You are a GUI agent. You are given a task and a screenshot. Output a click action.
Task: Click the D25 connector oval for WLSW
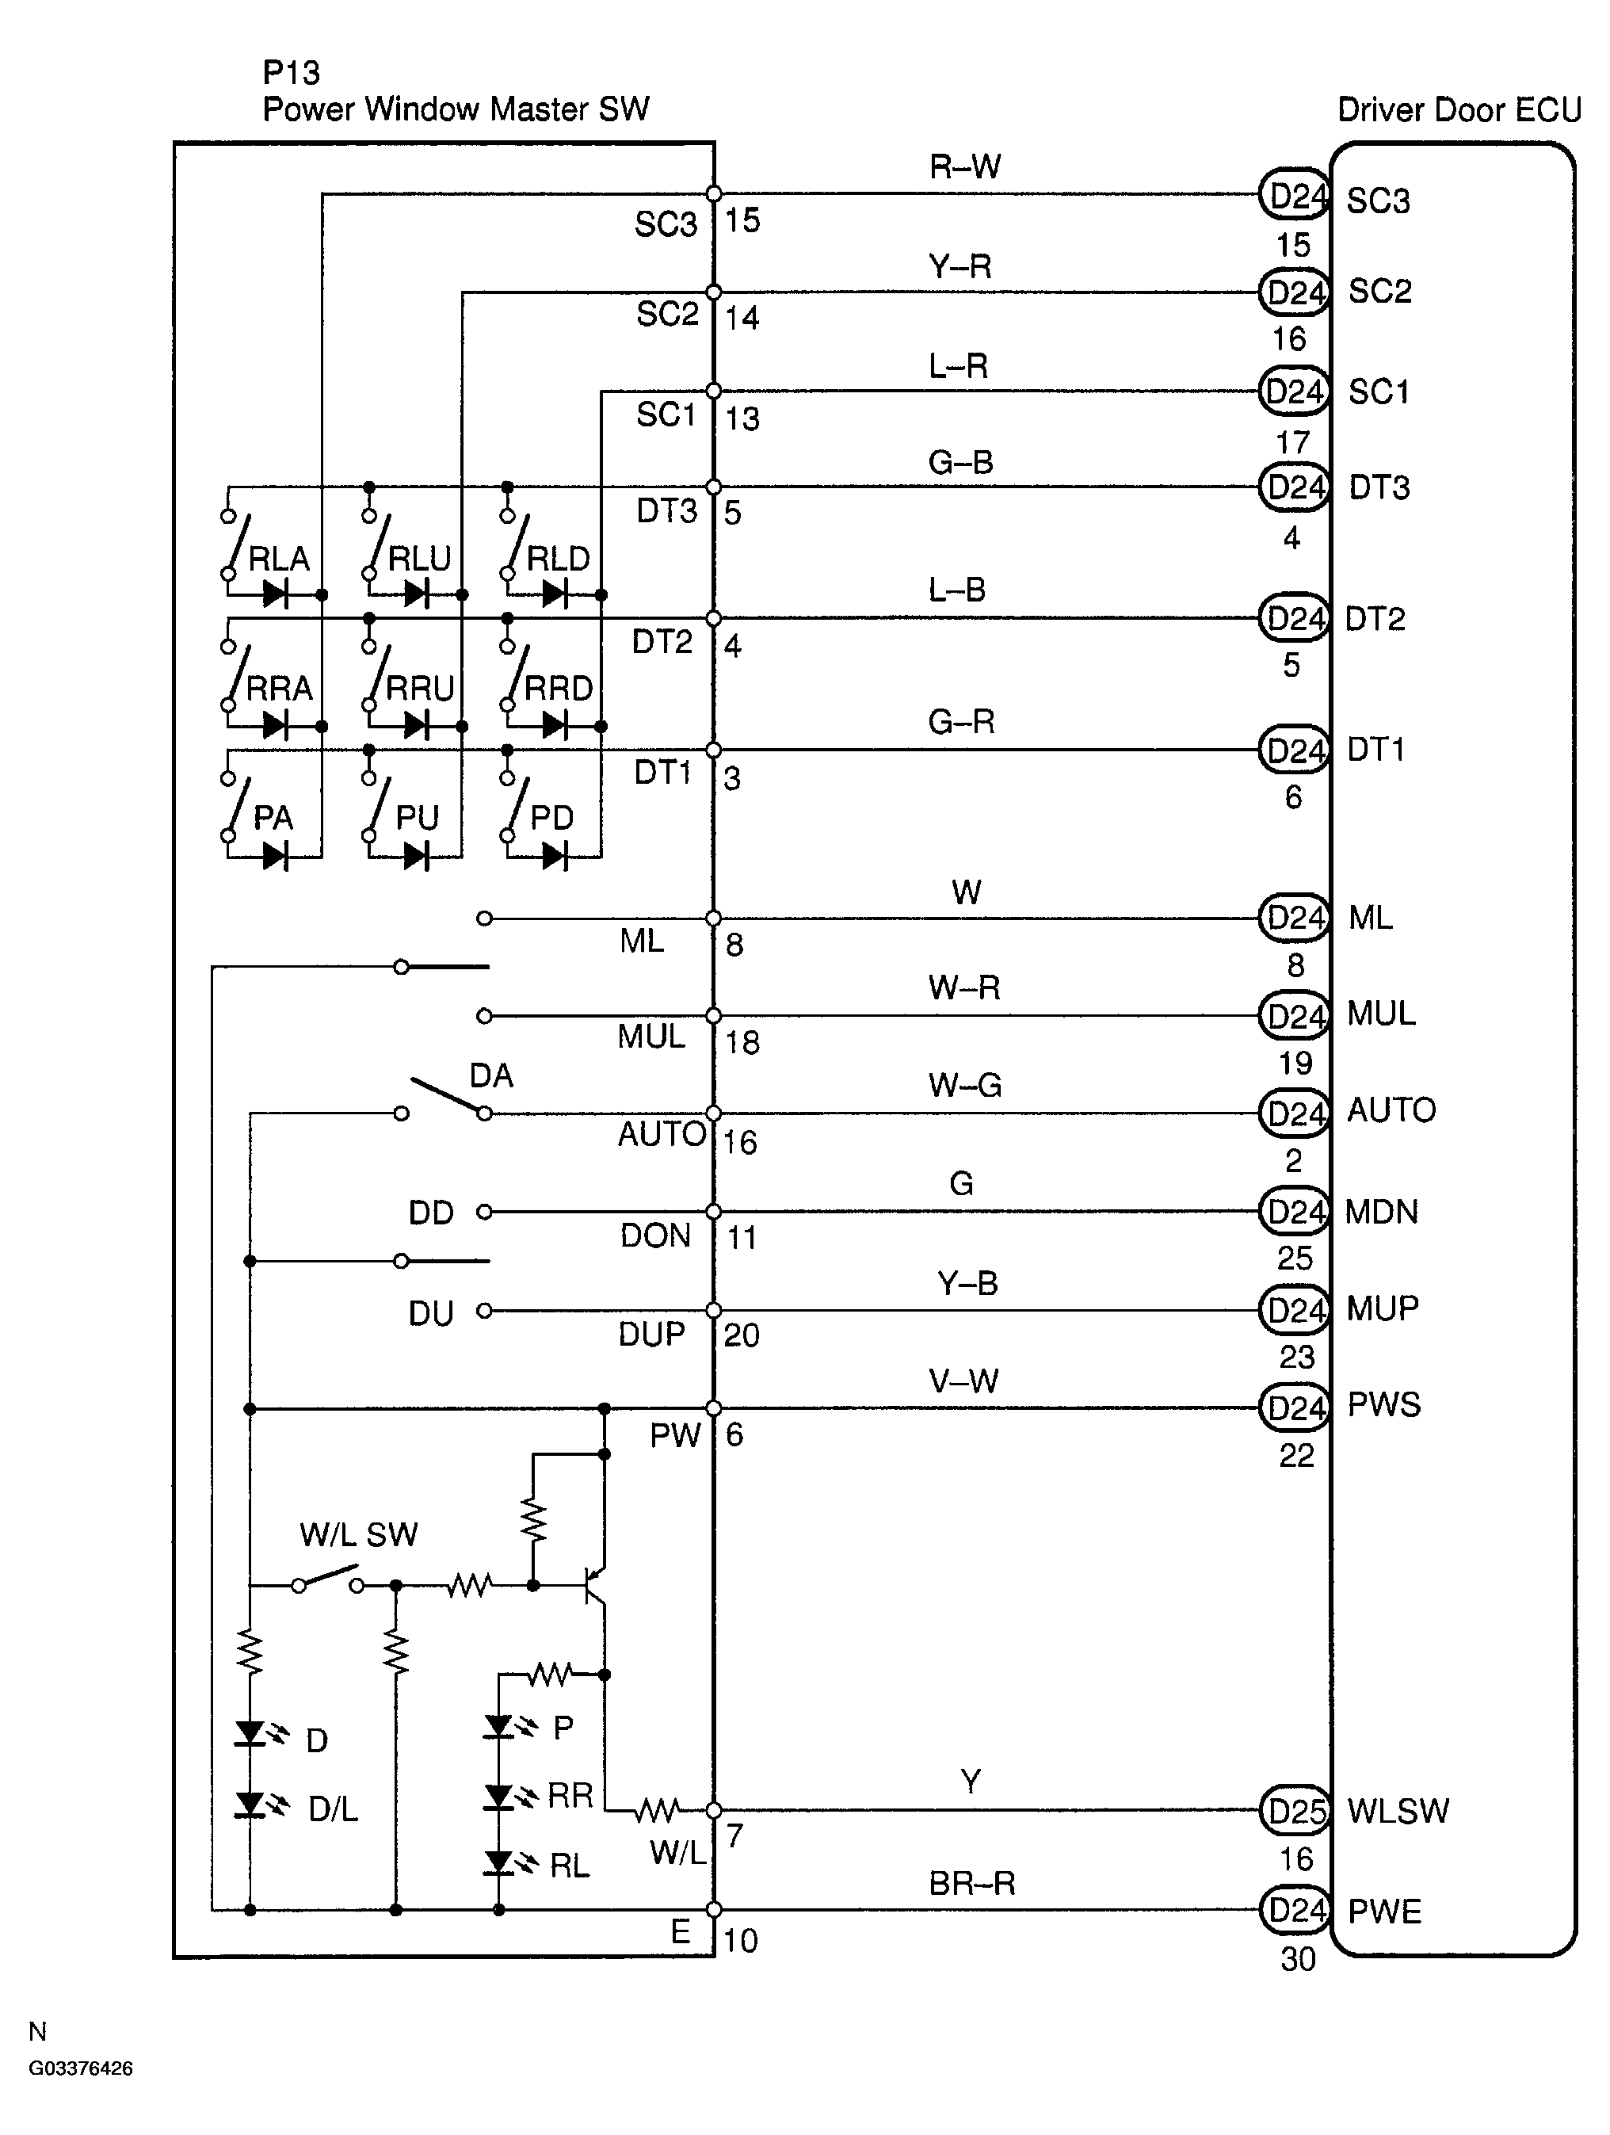1295,1811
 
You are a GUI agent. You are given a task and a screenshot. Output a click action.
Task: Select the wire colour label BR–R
972,1883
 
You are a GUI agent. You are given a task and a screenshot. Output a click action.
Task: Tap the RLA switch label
279,559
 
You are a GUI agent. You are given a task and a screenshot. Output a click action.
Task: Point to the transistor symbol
597,1584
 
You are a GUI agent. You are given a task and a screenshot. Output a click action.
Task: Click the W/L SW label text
358,1534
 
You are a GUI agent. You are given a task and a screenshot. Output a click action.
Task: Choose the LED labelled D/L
251,1804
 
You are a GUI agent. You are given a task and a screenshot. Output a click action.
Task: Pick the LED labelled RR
499,1797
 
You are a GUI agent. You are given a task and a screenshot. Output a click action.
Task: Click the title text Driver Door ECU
1459,110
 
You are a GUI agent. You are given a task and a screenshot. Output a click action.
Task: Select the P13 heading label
291,72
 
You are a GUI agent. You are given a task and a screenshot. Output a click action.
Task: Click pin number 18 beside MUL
742,1041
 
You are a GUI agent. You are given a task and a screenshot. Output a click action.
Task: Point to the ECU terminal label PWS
1384,1404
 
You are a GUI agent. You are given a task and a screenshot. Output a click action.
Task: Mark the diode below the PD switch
554,855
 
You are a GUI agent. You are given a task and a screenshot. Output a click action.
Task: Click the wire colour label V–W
963,1381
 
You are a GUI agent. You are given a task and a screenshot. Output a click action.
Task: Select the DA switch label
491,1075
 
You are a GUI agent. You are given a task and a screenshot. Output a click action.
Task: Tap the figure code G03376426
81,2068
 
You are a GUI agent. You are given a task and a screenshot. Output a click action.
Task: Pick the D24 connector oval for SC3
1295,196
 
